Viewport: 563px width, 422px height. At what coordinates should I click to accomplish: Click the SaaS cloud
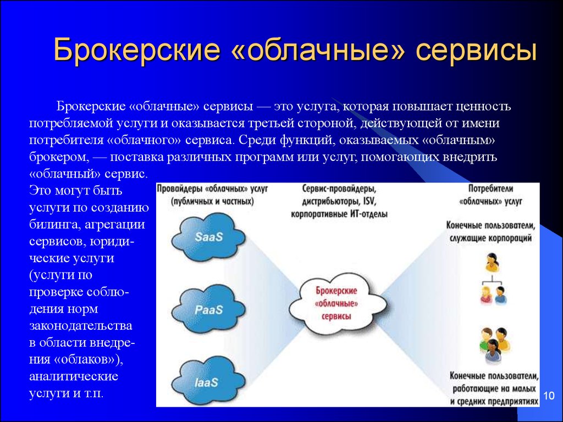point(208,236)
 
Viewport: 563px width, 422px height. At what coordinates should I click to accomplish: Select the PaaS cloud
point(208,309)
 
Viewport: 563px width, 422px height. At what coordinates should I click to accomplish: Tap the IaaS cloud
point(208,382)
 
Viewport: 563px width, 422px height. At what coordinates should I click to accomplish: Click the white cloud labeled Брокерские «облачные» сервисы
point(338,303)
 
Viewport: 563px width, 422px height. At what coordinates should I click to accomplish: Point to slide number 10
point(549,396)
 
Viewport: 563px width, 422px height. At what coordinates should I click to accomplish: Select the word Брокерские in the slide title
point(136,49)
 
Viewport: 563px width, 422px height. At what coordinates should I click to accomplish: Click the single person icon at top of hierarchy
point(492,262)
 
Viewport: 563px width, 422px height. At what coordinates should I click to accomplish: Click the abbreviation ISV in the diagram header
point(369,201)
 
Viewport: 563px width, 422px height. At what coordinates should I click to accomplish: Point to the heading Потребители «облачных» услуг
point(490,195)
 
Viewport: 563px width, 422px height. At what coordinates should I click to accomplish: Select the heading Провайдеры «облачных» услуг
point(212,195)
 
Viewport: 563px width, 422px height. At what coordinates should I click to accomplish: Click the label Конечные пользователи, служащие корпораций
point(490,231)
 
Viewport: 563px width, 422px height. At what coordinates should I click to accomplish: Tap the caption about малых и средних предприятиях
point(494,389)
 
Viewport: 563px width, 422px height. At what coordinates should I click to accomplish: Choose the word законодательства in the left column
point(81,326)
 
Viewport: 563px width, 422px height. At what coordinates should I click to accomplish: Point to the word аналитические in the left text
point(74,376)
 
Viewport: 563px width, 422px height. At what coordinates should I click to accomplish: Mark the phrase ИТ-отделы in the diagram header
point(369,214)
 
